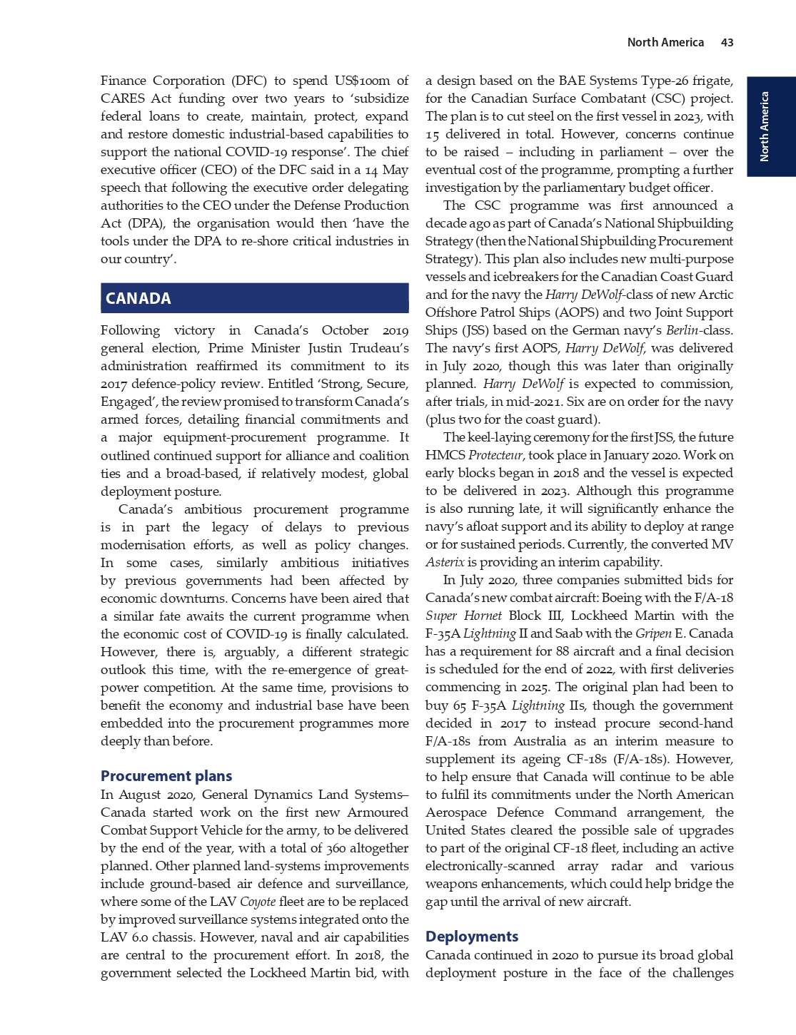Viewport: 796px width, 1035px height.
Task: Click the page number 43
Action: pos(727,43)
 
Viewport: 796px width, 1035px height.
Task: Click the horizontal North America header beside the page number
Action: pos(665,43)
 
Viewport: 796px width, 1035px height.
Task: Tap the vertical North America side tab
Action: pos(765,126)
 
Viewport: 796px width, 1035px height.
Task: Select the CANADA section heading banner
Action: pos(254,298)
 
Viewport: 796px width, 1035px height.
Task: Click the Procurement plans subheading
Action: pos(166,776)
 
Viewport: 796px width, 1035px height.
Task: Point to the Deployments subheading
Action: pos(472,937)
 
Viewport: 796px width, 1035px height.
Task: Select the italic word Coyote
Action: pos(258,902)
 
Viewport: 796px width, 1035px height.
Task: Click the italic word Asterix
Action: pos(445,562)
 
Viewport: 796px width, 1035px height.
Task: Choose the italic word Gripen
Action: pos(653,633)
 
